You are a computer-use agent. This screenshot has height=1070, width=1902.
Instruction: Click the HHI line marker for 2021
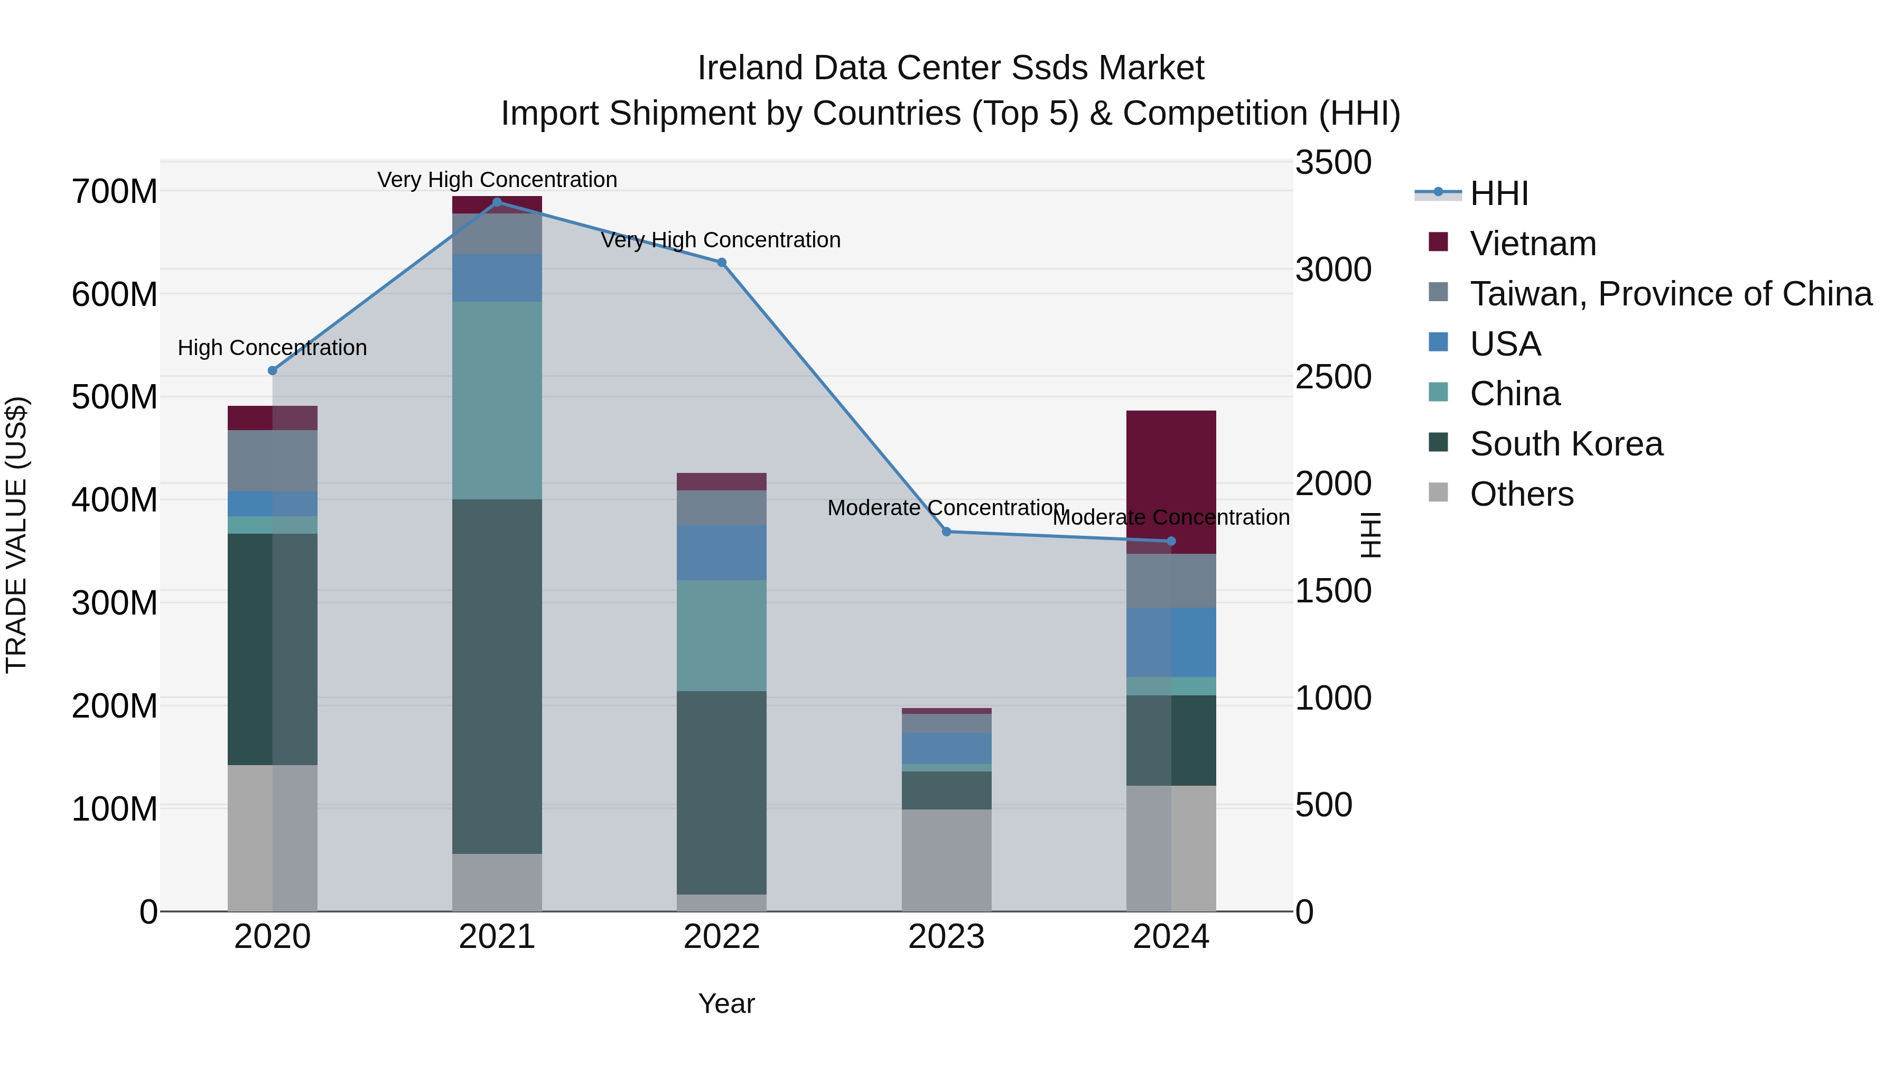[497, 202]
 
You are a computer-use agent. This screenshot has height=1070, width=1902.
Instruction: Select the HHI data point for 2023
[947, 532]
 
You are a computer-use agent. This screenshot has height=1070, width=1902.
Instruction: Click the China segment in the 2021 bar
[497, 400]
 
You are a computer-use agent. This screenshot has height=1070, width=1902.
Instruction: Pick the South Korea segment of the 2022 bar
[721, 793]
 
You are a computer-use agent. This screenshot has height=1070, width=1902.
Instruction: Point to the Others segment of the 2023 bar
[947, 860]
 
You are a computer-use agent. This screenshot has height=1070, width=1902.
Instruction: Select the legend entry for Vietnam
[1532, 244]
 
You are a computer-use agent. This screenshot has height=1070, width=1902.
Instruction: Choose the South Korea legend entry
[1565, 444]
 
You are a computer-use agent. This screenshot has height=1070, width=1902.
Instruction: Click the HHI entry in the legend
[1498, 193]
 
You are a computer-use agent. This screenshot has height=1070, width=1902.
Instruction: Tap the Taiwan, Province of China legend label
[1670, 294]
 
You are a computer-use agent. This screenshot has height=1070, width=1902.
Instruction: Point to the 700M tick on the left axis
[115, 192]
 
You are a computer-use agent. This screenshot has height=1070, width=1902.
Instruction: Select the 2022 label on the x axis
[721, 937]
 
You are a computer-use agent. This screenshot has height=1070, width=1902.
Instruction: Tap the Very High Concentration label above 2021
[497, 180]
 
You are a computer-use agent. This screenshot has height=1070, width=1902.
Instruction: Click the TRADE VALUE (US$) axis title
[16, 535]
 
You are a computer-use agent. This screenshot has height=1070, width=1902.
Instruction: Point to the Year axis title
[726, 1003]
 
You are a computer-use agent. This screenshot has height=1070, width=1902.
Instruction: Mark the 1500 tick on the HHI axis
[1334, 591]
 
